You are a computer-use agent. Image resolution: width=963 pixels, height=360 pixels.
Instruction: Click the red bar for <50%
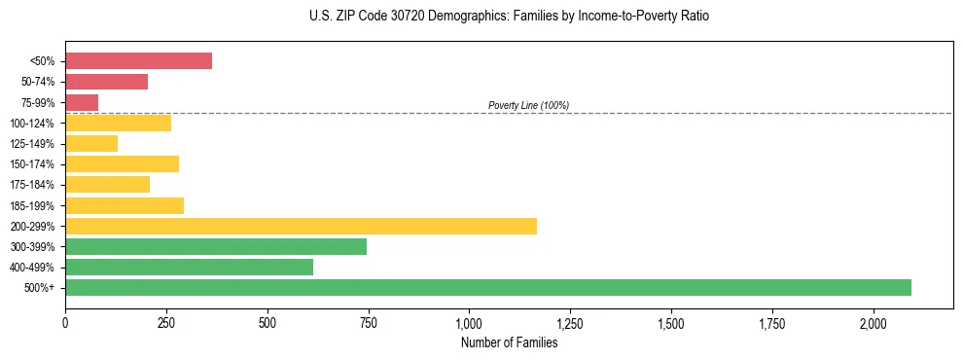click(138, 60)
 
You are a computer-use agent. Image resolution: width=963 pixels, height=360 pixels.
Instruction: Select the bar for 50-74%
click(106, 82)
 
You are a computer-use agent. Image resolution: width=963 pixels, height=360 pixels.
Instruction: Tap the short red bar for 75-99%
click(82, 102)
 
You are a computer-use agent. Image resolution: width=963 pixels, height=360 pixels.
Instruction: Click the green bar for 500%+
click(487, 287)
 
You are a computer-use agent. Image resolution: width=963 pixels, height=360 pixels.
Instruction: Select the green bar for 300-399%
click(216, 246)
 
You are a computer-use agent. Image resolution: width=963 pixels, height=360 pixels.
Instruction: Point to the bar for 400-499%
click(189, 267)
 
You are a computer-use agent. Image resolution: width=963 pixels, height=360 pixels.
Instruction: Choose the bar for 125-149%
click(91, 143)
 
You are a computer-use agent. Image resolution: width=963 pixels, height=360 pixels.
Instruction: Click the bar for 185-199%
click(125, 205)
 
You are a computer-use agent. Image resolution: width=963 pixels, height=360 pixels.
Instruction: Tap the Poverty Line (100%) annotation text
click(528, 105)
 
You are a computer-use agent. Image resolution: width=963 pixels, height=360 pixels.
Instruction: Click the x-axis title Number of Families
click(509, 342)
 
